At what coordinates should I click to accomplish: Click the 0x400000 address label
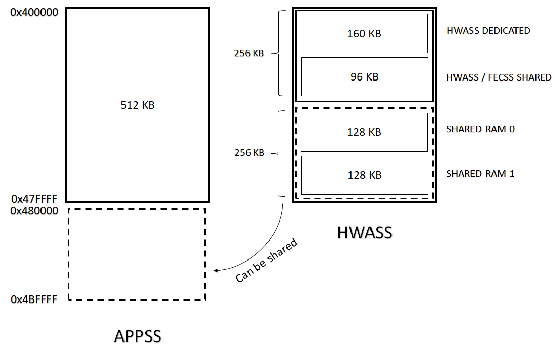tap(34, 11)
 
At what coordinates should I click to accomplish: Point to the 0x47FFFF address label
tap(34, 198)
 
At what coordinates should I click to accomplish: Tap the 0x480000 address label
tap(34, 211)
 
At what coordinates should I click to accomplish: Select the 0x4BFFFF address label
tap(34, 299)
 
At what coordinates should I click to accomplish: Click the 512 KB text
tap(137, 105)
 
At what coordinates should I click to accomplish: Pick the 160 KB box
tap(364, 33)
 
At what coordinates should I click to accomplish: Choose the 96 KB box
tap(364, 77)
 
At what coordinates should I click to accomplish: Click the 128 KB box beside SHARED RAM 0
tap(364, 132)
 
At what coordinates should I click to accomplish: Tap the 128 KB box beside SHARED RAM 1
tap(364, 175)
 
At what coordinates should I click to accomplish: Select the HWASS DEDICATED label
tap(488, 31)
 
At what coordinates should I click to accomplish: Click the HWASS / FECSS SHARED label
tap(499, 77)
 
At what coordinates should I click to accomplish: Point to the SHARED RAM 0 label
tap(481, 129)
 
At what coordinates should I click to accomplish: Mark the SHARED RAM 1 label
tap(481, 174)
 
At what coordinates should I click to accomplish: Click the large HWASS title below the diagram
tap(364, 233)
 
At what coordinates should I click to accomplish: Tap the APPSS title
tap(137, 336)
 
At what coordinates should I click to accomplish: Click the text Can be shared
tap(266, 260)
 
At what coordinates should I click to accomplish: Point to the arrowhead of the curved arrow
tap(216, 270)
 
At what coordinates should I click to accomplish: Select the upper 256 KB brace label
tap(249, 53)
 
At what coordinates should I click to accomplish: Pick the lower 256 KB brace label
tap(249, 153)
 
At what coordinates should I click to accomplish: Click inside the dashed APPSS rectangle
tap(137, 254)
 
